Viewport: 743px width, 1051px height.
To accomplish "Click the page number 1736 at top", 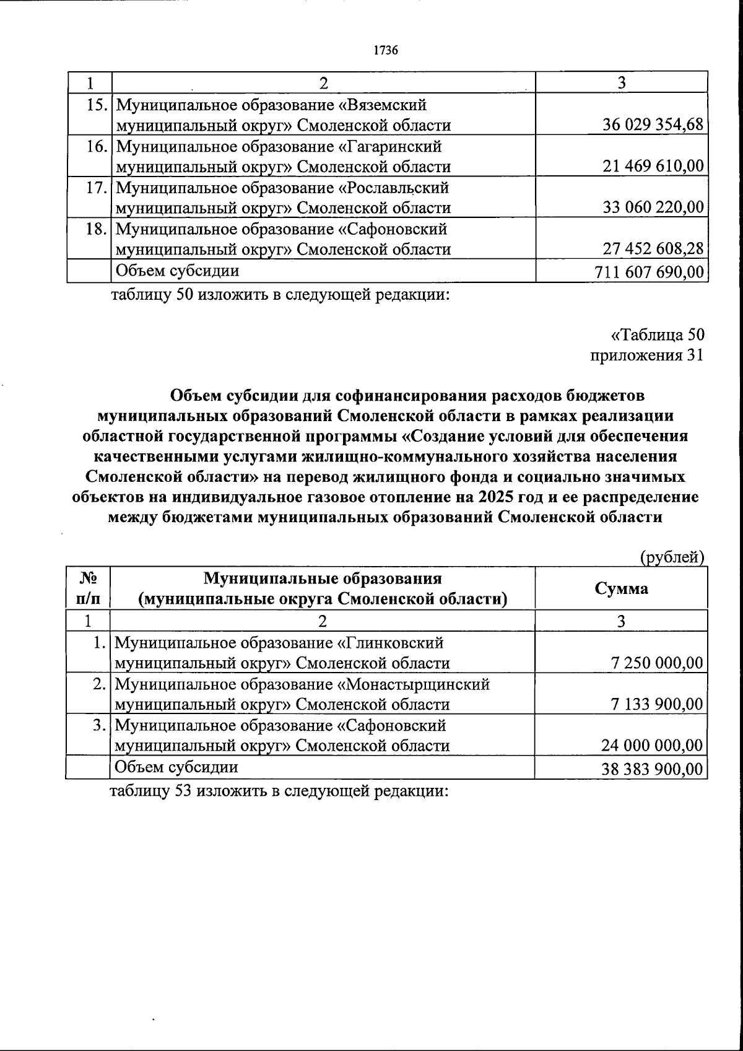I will (x=385, y=51).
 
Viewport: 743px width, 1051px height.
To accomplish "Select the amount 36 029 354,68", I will (x=653, y=125).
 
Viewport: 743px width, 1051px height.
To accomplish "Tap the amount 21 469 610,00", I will (x=653, y=167).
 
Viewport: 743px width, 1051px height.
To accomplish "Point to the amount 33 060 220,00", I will (x=653, y=207).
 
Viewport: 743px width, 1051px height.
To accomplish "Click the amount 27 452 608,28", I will (x=653, y=249).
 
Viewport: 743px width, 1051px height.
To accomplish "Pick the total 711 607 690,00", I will (x=649, y=272).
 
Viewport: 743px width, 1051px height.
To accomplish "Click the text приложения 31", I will (x=647, y=355).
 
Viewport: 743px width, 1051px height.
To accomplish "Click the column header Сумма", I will (x=621, y=588).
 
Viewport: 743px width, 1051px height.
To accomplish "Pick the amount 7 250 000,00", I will (x=657, y=663).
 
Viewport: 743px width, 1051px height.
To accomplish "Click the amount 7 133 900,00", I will (x=657, y=704).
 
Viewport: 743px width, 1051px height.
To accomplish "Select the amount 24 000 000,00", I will (x=653, y=746).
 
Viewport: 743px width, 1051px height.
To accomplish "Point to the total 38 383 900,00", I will (x=653, y=769).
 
